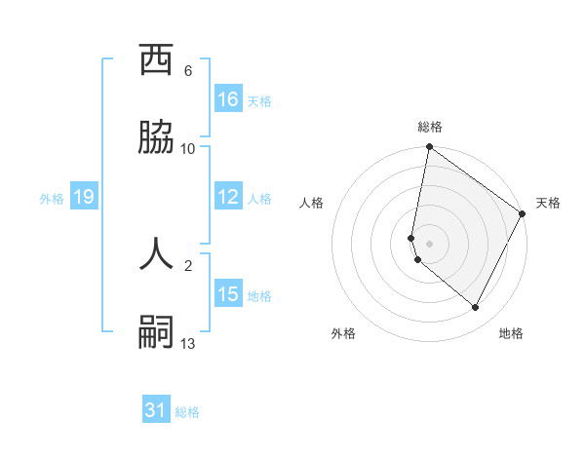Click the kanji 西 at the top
click(x=157, y=60)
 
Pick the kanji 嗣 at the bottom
click(x=157, y=332)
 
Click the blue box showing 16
click(x=228, y=99)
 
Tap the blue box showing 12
click(x=228, y=197)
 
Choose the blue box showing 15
click(x=228, y=294)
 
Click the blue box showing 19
click(x=84, y=197)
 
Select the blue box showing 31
click(x=156, y=410)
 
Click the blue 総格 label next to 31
click(x=187, y=412)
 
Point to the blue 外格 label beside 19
click(x=52, y=199)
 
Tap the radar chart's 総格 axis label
click(x=430, y=127)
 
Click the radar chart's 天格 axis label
click(x=548, y=203)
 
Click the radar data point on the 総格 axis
click(x=430, y=148)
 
